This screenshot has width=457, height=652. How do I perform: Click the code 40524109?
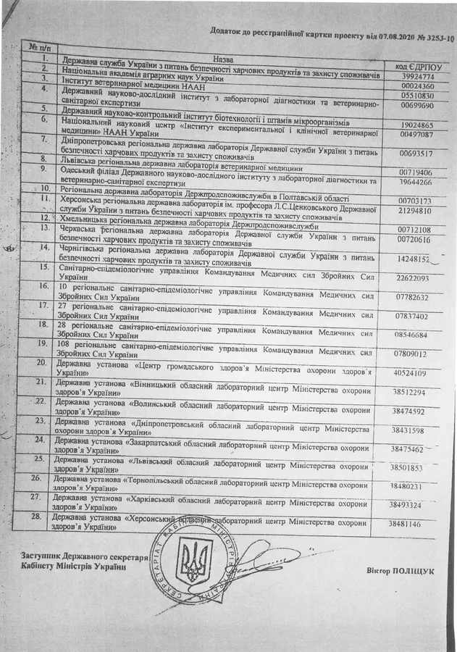click(x=409, y=373)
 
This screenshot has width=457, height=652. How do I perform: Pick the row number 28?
click(x=41, y=518)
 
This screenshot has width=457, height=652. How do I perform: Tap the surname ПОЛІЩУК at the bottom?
click(x=409, y=570)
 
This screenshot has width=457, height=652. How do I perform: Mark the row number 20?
click(x=42, y=362)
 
